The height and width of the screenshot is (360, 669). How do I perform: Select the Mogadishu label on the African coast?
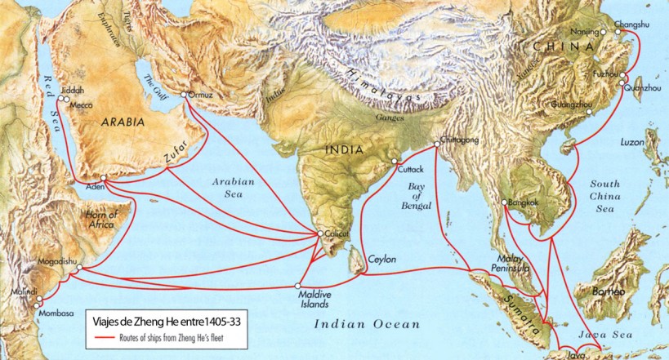coord(52,262)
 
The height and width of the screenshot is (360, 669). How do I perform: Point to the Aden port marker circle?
coord(103,177)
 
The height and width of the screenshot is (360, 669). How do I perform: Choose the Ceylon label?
coord(381,259)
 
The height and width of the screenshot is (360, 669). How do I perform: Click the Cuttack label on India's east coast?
coord(410,169)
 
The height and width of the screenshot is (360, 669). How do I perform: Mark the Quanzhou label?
coord(645,87)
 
